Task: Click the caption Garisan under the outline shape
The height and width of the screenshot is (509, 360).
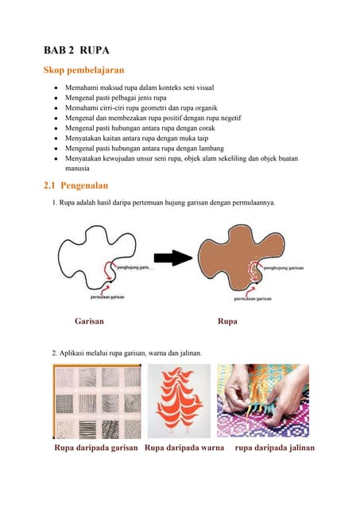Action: tap(89, 323)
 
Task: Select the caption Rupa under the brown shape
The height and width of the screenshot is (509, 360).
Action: tap(227, 323)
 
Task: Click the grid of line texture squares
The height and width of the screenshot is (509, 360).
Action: tap(96, 402)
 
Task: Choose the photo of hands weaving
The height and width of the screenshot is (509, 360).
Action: tap(268, 402)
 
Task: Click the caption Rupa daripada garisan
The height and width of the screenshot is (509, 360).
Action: tap(96, 448)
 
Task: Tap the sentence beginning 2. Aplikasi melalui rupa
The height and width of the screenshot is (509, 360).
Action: tap(127, 352)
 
